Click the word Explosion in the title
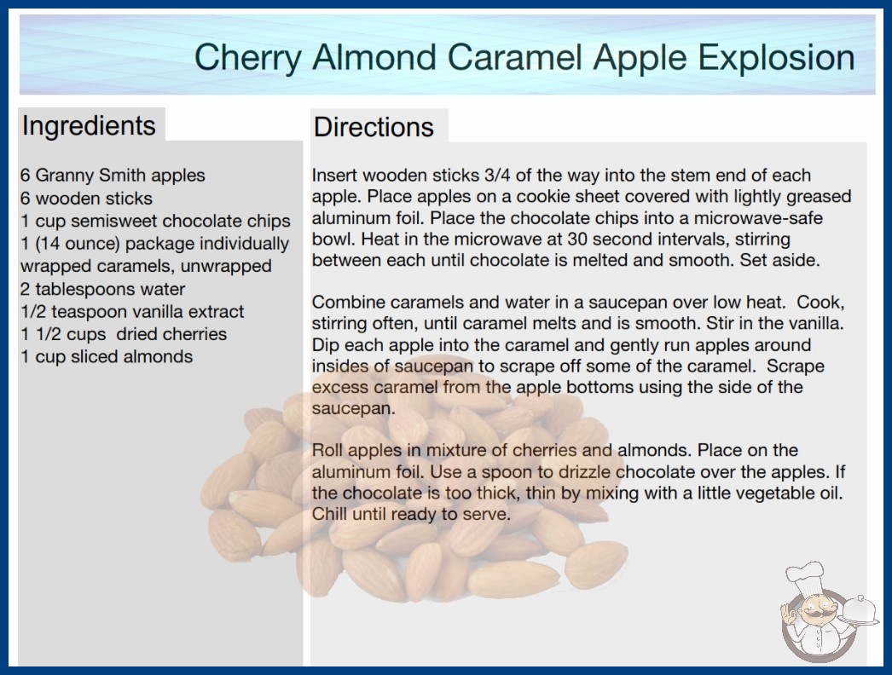point(776,57)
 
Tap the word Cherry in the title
point(248,57)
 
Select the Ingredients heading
point(89,125)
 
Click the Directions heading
point(374,127)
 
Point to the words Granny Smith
point(91,176)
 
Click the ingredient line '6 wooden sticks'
point(86,198)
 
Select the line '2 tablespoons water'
point(103,289)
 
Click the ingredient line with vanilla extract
point(132,312)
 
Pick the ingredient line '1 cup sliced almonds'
point(107,356)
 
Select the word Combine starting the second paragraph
point(345,302)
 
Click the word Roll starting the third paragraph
point(327,450)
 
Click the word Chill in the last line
point(329,514)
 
